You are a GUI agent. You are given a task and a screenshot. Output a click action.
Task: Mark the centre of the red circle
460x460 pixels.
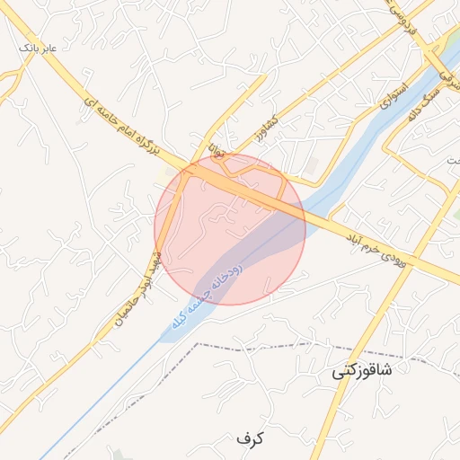coord(230,229)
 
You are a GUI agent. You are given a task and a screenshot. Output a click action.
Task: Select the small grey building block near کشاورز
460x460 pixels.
coord(312,167)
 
